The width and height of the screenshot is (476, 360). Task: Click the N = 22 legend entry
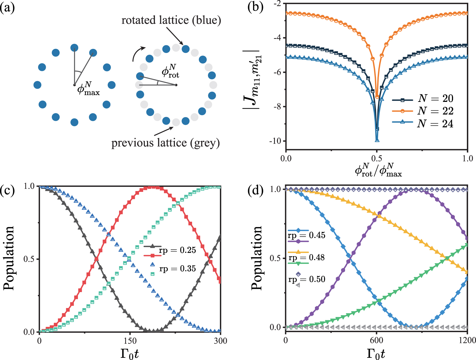click(435, 111)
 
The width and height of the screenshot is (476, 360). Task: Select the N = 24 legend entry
click(435, 123)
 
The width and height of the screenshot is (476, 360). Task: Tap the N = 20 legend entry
click(435, 98)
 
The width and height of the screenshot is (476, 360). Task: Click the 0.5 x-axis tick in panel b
click(377, 159)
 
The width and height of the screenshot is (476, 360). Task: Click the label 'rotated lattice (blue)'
click(171, 20)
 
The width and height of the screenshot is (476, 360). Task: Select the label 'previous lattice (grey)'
click(165, 143)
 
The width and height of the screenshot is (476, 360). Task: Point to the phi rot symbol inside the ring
click(170, 71)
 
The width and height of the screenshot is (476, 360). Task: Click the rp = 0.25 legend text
click(177, 250)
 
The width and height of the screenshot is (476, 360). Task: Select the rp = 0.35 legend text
click(177, 269)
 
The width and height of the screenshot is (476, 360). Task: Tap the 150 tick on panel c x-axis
click(130, 341)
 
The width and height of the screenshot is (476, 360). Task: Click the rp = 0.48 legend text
click(306, 258)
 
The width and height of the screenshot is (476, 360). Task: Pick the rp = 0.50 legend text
click(307, 279)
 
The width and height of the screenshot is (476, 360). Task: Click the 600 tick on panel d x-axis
click(376, 340)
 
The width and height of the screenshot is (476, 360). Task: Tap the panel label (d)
click(256, 190)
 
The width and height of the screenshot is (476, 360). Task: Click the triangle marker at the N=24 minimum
click(377, 140)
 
